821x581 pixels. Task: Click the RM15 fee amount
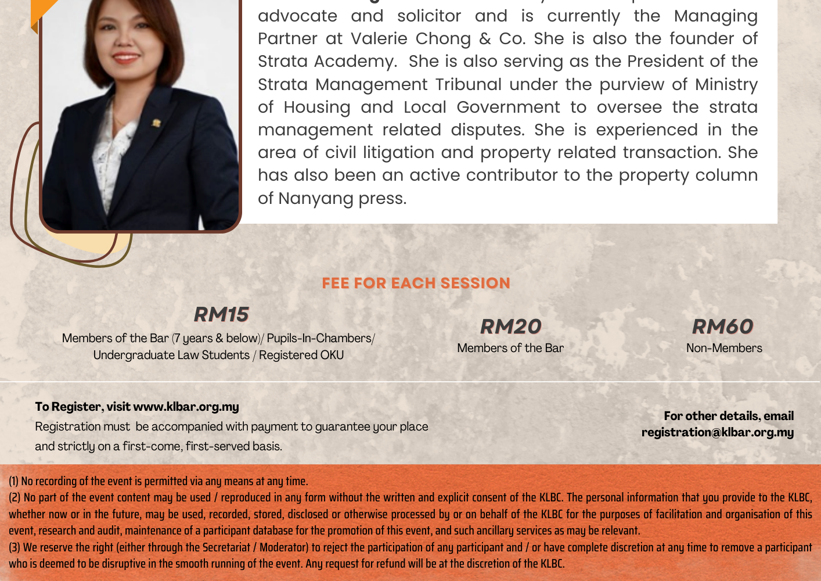pyautogui.click(x=221, y=314)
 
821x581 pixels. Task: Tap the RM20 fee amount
pyautogui.click(x=510, y=327)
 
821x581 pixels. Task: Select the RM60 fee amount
pyautogui.click(x=723, y=327)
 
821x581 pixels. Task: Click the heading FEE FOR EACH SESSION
pyautogui.click(x=416, y=283)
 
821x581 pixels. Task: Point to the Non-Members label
pyautogui.click(x=724, y=348)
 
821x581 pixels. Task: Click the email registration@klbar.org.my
pyautogui.click(x=717, y=432)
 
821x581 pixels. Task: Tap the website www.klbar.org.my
pyautogui.click(x=186, y=407)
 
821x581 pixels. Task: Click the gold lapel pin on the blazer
pyautogui.click(x=156, y=123)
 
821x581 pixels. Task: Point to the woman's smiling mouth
pyautogui.click(x=125, y=58)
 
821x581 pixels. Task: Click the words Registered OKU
pyautogui.click(x=301, y=355)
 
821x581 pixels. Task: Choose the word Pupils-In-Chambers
pyautogui.click(x=319, y=338)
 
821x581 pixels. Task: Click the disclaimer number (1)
pyautogui.click(x=13, y=481)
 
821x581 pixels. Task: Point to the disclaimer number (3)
pyautogui.click(x=14, y=547)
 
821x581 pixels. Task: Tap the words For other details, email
pyautogui.click(x=729, y=416)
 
